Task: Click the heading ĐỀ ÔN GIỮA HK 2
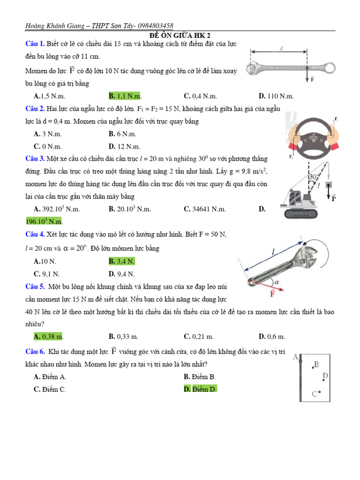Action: coord(180,36)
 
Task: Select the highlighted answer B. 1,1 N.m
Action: coord(125,96)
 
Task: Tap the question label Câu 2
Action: coord(35,109)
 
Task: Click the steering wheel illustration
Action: coord(313,135)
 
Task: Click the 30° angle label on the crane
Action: coord(314,176)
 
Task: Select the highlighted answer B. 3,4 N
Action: coord(122,261)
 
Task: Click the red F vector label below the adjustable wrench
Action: coord(272,294)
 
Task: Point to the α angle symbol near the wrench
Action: coord(277,282)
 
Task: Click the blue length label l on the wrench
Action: coord(272,253)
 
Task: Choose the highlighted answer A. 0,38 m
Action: coord(49,336)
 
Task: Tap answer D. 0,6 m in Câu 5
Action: coord(272,336)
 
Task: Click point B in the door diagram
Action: coord(316,364)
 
